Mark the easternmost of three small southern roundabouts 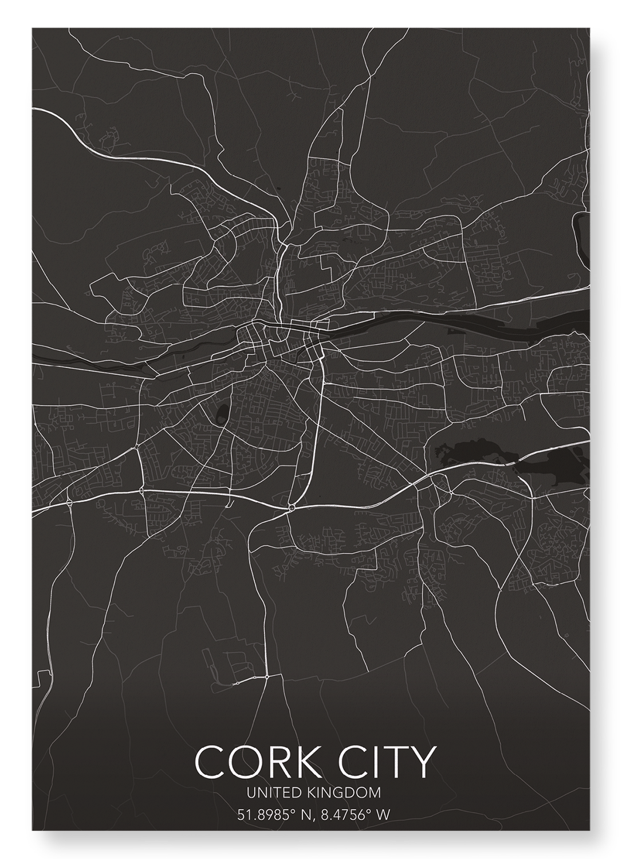tap(267, 677)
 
